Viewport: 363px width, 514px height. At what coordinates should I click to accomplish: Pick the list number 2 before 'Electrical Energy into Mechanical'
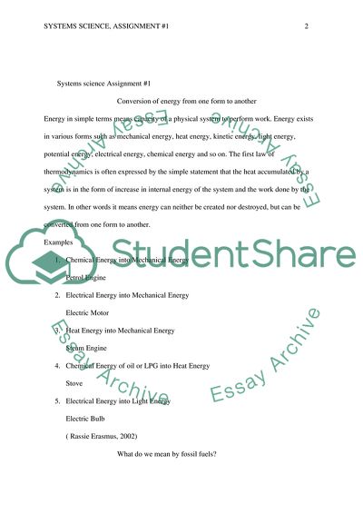pos(56,295)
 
